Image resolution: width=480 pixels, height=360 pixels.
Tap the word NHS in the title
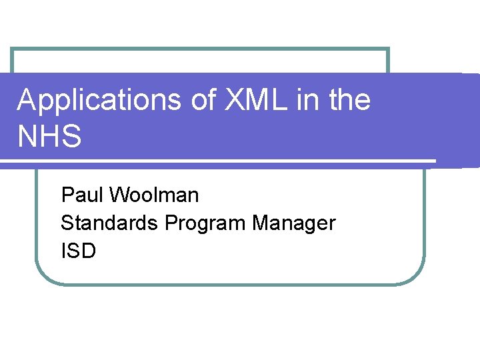[x=49, y=137]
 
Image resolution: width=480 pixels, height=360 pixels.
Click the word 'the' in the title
[x=349, y=101]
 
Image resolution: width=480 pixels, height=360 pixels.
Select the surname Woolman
[x=154, y=195]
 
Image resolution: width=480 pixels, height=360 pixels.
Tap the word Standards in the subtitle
[x=110, y=223]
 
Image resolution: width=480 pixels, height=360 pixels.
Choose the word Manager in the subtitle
[x=293, y=224]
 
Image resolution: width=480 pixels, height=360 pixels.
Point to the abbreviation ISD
[x=78, y=251]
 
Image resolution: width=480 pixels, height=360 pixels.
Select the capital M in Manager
[x=261, y=223]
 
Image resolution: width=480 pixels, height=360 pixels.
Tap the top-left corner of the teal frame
[x=12, y=49]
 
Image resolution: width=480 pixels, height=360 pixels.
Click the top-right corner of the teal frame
[x=388, y=49]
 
